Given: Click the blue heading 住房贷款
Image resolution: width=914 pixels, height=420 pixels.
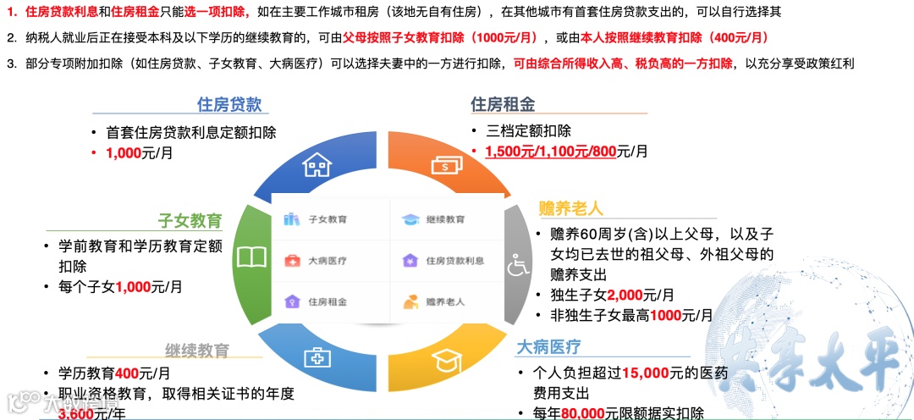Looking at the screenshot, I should (229, 104).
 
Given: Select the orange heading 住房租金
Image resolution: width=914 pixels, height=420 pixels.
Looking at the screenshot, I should (503, 104).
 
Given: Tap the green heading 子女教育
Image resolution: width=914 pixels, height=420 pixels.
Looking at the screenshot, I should (190, 221).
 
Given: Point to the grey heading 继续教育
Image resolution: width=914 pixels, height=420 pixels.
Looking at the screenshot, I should (197, 351).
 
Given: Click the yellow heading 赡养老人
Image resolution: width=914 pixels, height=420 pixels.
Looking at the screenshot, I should (571, 209).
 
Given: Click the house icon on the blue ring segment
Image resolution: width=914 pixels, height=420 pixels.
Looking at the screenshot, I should (317, 163).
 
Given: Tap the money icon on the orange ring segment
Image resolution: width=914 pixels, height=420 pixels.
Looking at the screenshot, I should (446, 163).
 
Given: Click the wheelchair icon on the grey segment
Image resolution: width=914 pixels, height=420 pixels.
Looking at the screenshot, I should (517, 266).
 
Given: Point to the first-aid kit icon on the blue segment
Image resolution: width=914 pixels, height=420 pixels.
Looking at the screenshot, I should (318, 359).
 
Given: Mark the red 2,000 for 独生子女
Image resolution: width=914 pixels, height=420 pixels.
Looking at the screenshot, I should (625, 295).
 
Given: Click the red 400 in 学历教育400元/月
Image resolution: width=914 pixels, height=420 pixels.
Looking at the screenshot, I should (127, 373).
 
